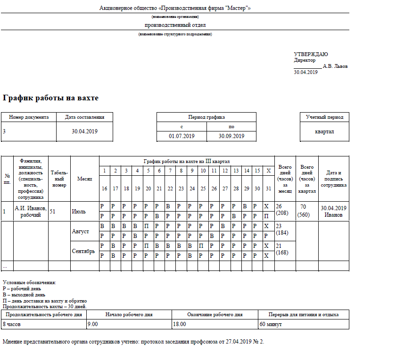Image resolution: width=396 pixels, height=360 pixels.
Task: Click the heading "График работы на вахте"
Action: [x=51, y=98]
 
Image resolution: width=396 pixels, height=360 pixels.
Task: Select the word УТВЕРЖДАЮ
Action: [x=311, y=55]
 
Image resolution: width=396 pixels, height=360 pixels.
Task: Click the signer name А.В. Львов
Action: [x=335, y=66]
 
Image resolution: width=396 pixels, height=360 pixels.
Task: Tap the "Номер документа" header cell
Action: [x=29, y=117]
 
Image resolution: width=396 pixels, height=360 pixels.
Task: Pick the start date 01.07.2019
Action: [x=181, y=136]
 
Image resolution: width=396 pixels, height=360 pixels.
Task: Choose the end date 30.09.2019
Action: [x=231, y=136]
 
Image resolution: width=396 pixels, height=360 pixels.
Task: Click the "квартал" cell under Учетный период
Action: [x=324, y=131]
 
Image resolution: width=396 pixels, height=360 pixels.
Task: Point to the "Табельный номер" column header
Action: [x=59, y=179]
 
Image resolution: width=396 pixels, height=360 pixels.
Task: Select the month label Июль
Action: [x=79, y=212]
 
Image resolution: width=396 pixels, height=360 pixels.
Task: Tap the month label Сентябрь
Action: [x=83, y=251]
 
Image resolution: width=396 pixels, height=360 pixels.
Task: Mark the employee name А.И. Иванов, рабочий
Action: [x=31, y=212]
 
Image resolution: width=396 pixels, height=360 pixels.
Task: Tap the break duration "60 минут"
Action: [x=272, y=324]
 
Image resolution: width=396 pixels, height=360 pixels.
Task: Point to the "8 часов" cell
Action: [x=13, y=324]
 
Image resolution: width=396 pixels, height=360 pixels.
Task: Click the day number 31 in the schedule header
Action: [x=268, y=188]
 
